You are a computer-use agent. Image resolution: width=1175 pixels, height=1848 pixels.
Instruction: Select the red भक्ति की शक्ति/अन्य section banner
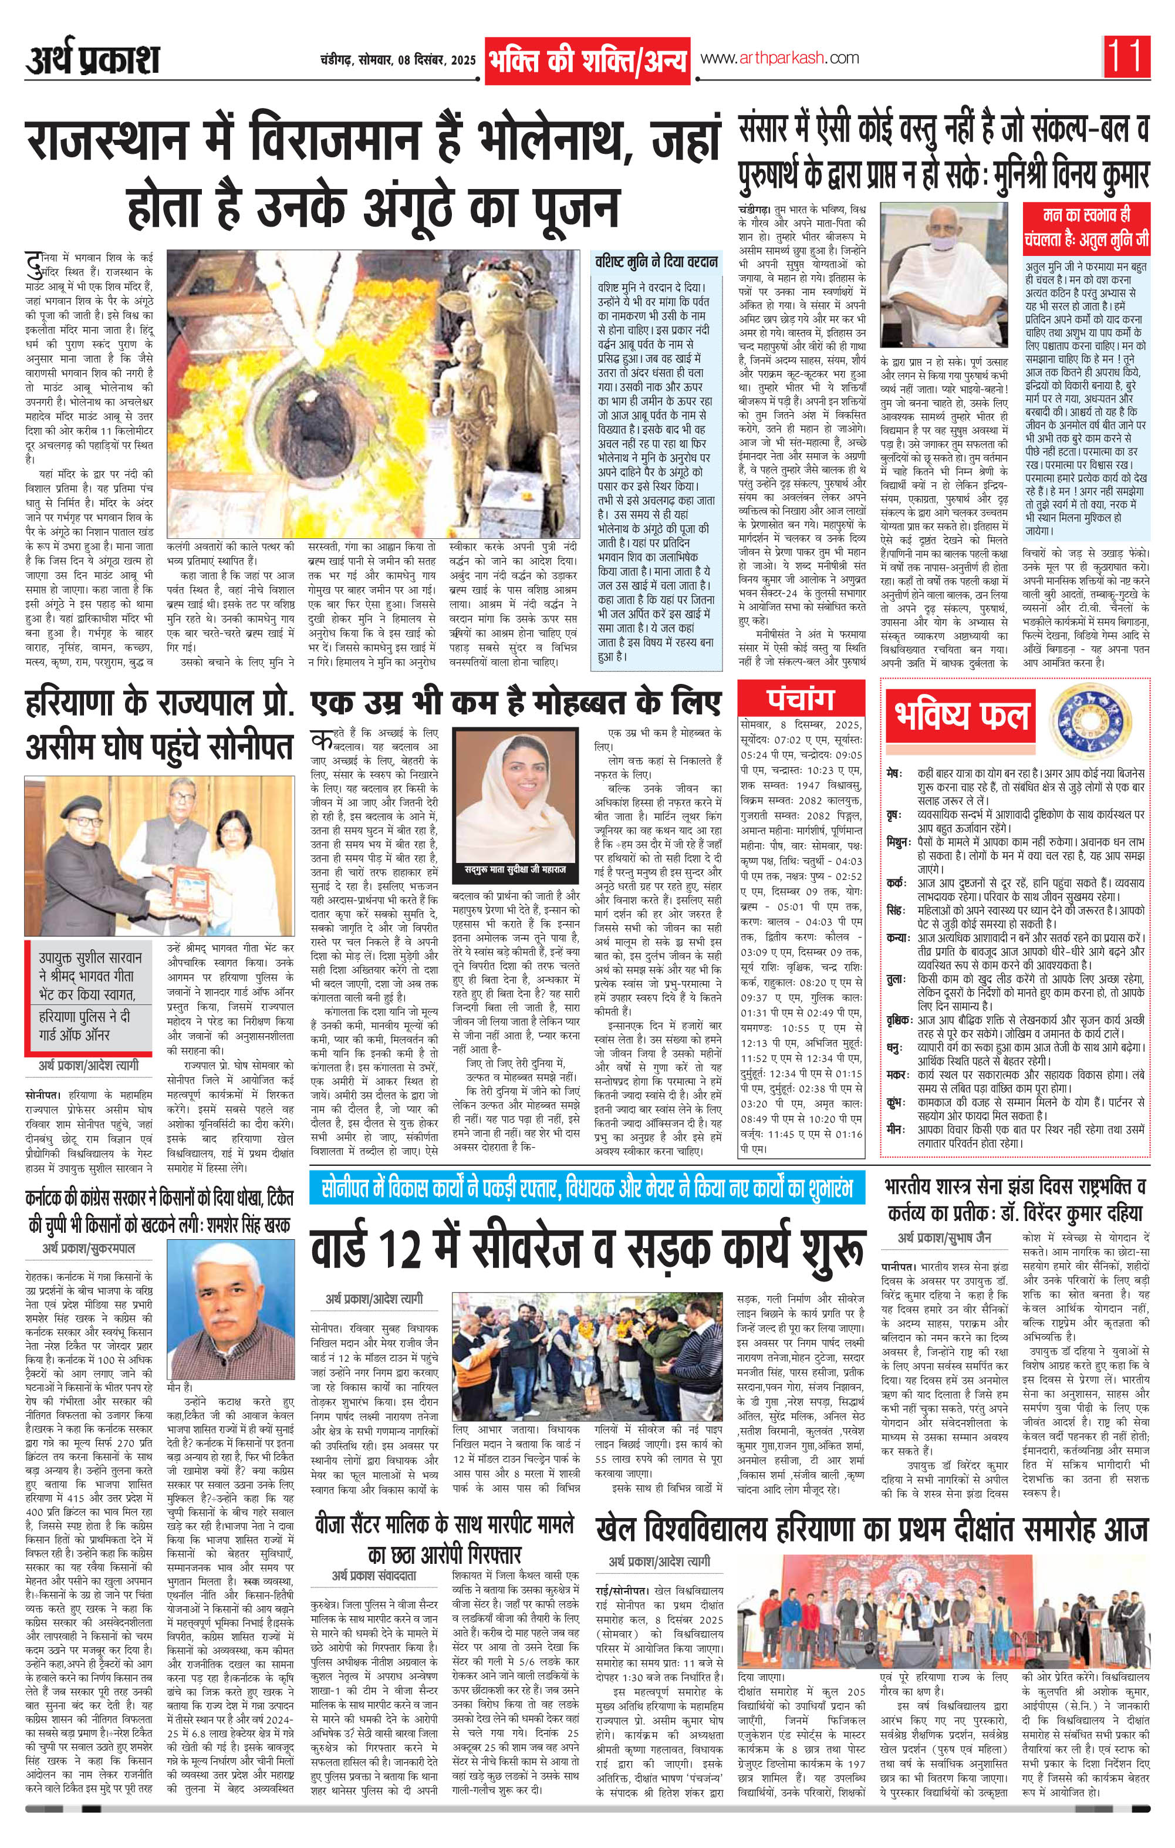pos(587,60)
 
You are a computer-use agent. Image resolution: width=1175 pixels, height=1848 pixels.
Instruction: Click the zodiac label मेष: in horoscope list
pos(893,773)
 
